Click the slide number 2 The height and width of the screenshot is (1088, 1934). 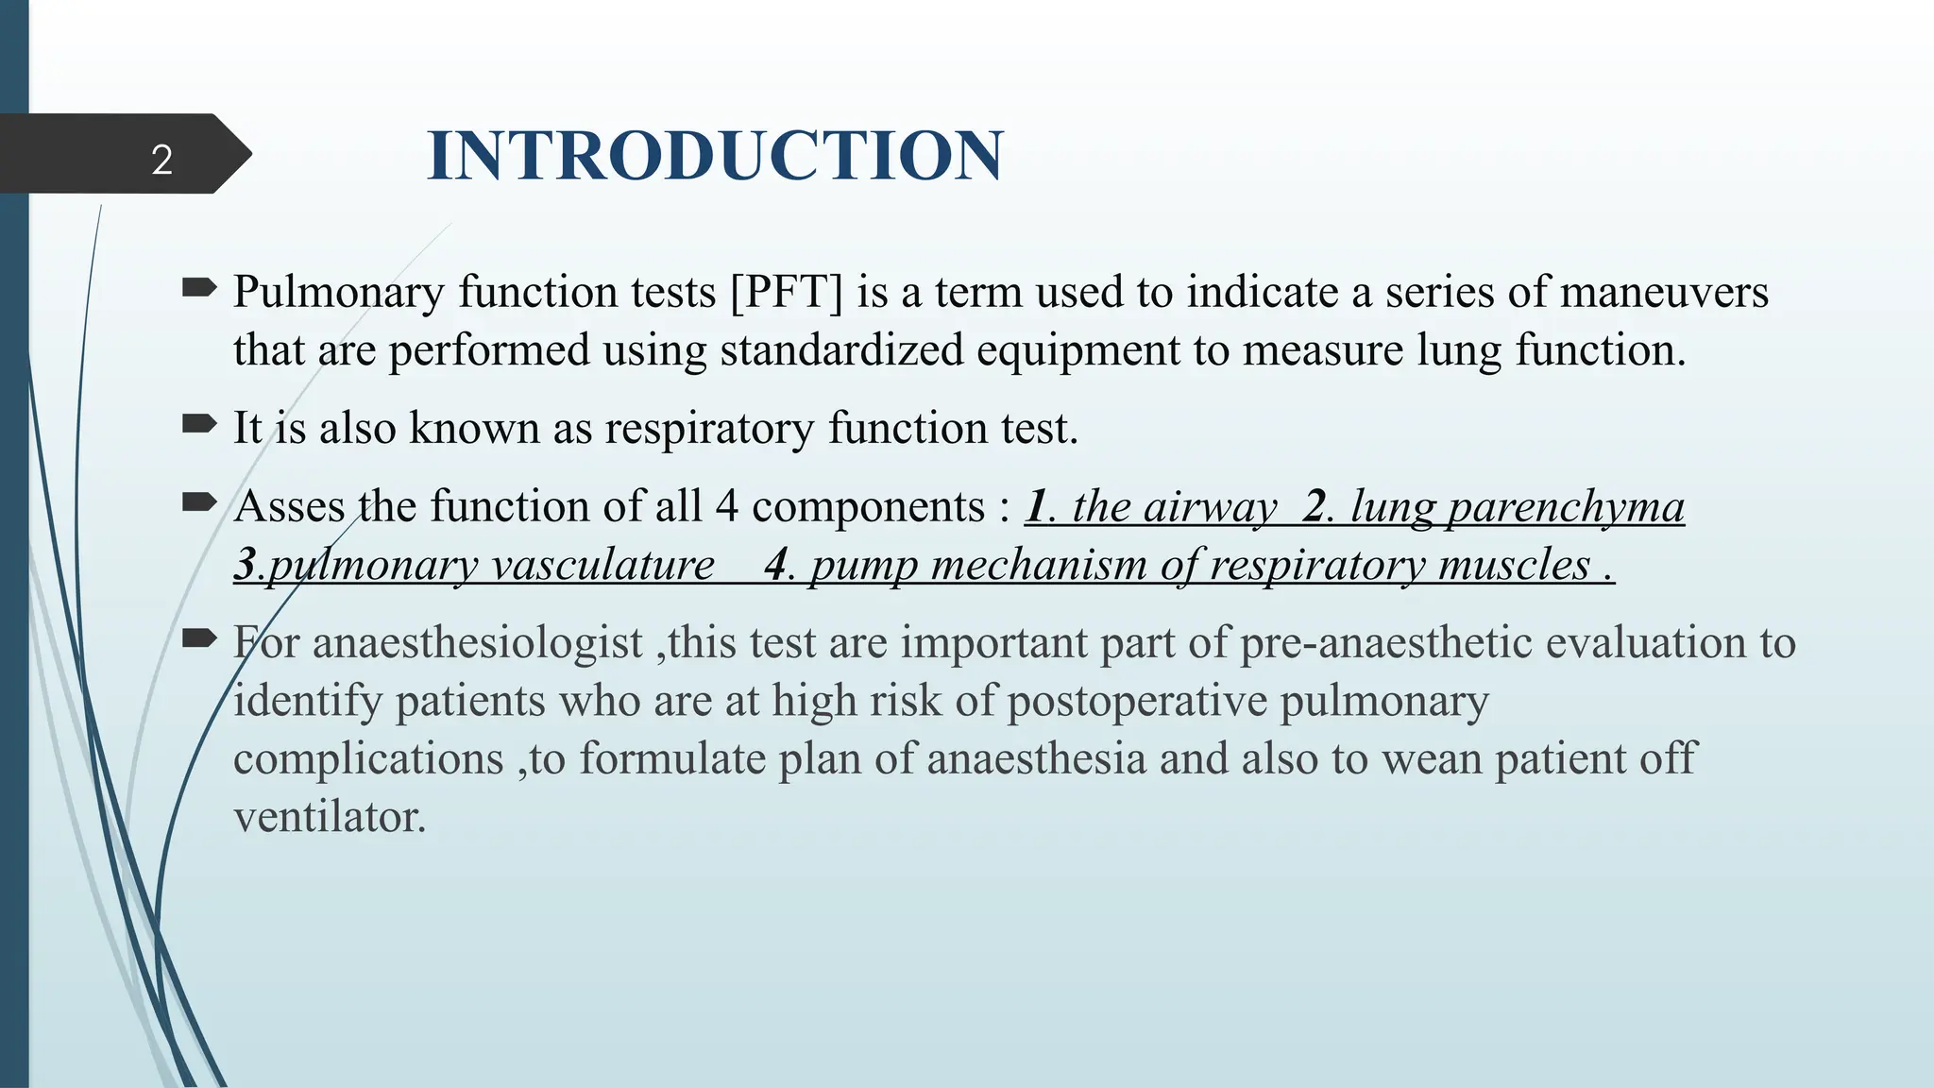[x=161, y=160]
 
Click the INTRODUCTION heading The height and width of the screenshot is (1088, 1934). [x=715, y=156]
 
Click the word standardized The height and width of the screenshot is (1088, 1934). [x=840, y=350]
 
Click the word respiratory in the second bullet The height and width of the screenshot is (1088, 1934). [x=708, y=429]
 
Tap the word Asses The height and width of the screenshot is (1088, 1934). [x=288, y=506]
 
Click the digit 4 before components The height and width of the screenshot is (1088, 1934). [x=726, y=506]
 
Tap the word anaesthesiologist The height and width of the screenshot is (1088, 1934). [x=477, y=643]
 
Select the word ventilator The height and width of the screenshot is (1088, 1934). [x=329, y=817]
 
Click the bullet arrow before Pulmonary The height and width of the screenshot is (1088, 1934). [x=199, y=288]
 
